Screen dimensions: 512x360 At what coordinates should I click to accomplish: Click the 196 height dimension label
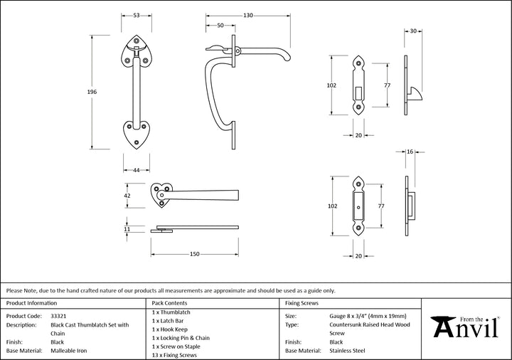point(92,92)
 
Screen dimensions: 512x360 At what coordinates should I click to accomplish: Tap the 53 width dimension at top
point(137,16)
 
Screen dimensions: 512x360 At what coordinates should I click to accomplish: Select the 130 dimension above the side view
point(248,16)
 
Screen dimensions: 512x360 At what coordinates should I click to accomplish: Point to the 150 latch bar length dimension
point(195,254)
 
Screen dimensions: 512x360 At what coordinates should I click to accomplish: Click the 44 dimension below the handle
point(137,170)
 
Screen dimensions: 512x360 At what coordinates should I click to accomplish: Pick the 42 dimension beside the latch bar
point(127,196)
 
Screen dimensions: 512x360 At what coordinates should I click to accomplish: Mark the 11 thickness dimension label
point(127,229)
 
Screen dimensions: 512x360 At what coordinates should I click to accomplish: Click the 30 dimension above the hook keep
point(413,31)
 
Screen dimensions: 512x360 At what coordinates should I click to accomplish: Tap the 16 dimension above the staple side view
point(410,152)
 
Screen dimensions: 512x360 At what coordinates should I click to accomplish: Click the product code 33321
point(58,316)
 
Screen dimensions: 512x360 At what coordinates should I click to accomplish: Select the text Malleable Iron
point(69,351)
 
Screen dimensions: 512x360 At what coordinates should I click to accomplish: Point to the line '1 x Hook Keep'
point(170,329)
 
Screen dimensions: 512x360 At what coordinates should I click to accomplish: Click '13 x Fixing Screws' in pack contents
point(174,355)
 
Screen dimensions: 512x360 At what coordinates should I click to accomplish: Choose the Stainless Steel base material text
point(348,351)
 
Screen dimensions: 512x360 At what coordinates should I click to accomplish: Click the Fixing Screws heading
point(302,303)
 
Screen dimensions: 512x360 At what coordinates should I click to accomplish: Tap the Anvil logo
point(464,327)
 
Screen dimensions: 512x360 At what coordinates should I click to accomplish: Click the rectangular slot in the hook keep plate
point(359,92)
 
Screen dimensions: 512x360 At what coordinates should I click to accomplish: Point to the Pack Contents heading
point(169,303)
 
